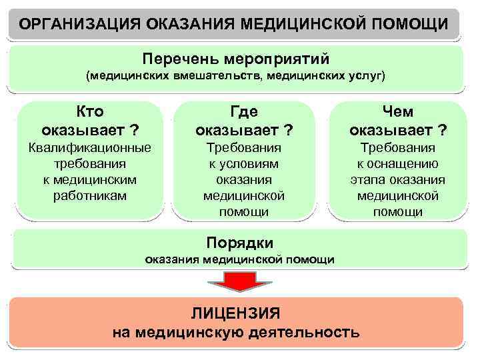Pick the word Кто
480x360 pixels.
[x=90, y=111]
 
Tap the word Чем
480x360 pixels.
[x=398, y=111]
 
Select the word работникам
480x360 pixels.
[x=90, y=196]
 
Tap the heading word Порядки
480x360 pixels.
[x=240, y=242]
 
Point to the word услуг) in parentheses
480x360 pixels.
[x=365, y=76]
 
